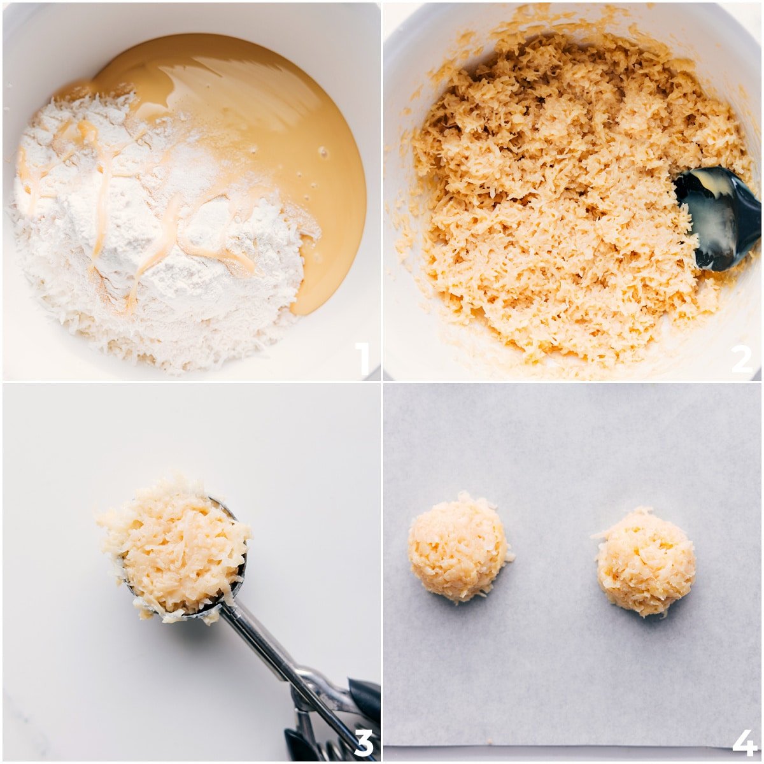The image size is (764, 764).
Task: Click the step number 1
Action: click(x=362, y=358)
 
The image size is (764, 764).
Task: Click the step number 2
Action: click(x=742, y=359)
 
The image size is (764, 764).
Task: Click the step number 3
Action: click(x=363, y=742)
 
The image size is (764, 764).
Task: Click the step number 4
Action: click(x=744, y=742)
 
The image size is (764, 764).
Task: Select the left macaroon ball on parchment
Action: click(x=458, y=548)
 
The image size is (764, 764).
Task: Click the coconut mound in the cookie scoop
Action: click(x=175, y=548)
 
